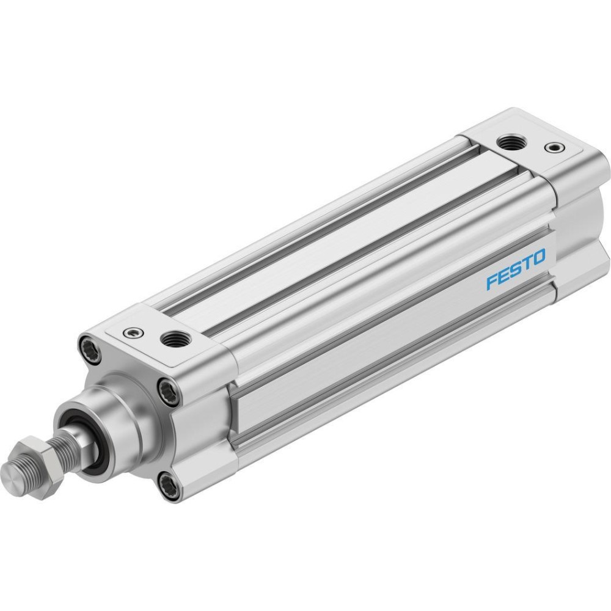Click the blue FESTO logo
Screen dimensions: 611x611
[x=516, y=269]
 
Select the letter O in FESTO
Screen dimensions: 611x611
[x=539, y=258]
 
